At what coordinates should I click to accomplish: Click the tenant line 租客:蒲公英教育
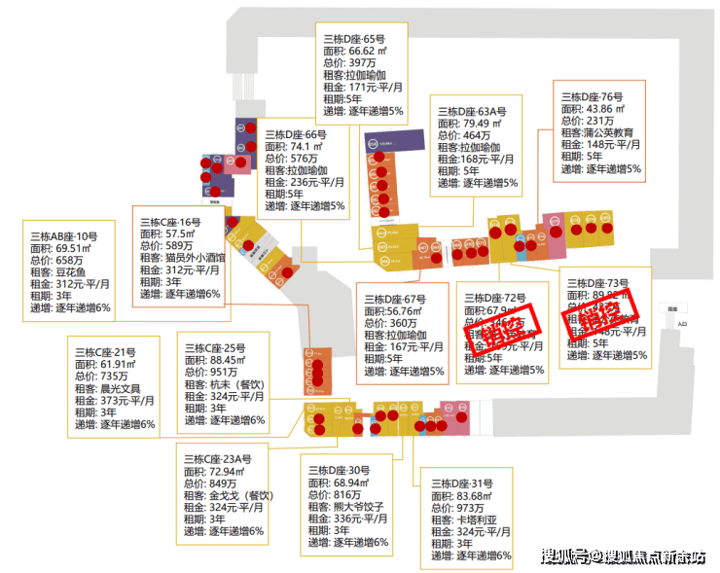tap(597, 132)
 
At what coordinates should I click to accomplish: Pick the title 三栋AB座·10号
tap(64, 236)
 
